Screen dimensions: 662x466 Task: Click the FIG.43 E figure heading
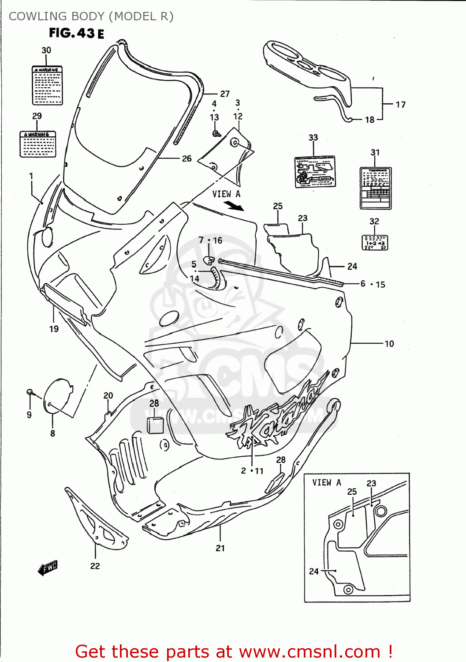pyautogui.click(x=76, y=33)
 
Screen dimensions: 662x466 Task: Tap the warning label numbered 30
pyautogui.click(x=47, y=86)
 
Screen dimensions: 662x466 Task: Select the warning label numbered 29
pyautogui.click(x=37, y=144)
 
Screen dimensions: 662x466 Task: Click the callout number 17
pyautogui.click(x=400, y=105)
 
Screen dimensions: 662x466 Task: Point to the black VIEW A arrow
pyautogui.click(x=234, y=206)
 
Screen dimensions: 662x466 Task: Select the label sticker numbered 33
pyautogui.click(x=315, y=172)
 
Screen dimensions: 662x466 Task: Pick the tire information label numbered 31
pyautogui.click(x=375, y=188)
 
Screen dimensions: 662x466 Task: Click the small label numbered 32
pyautogui.click(x=375, y=242)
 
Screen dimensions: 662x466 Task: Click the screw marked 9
pyautogui.click(x=30, y=392)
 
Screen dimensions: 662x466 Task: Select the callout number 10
pyautogui.click(x=389, y=343)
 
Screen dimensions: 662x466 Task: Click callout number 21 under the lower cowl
pyautogui.click(x=220, y=548)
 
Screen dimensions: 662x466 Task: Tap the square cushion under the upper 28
pyautogui.click(x=155, y=424)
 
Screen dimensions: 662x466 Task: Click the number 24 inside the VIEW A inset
pyautogui.click(x=313, y=571)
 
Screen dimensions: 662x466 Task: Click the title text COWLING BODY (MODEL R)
pyautogui.click(x=91, y=16)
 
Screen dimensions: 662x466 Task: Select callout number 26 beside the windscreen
pyautogui.click(x=186, y=158)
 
